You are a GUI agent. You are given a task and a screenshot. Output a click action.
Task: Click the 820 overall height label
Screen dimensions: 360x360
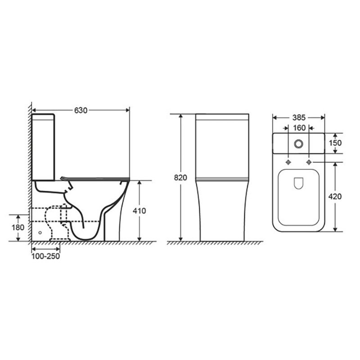(180, 178)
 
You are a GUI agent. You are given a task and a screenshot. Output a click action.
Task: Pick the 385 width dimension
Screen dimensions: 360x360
(299, 117)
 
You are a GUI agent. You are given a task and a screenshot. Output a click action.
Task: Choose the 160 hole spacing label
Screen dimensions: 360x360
(299, 128)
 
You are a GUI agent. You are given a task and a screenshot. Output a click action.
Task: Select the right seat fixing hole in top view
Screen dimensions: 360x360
(310, 162)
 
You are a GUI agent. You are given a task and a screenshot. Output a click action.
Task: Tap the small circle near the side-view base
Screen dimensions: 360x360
(40, 233)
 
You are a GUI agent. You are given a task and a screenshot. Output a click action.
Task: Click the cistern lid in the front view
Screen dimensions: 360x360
(222, 118)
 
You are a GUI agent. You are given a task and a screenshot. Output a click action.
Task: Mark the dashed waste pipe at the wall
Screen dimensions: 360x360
(45, 215)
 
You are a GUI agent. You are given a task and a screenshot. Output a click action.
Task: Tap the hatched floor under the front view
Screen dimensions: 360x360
(216, 243)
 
